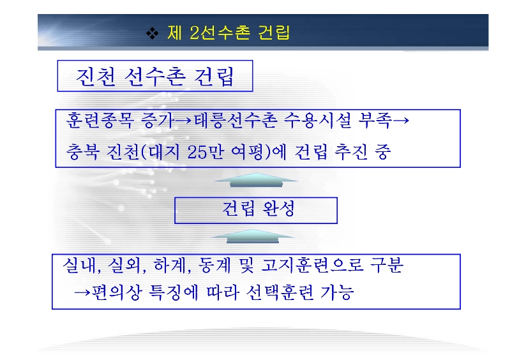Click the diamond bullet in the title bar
tap(153, 33)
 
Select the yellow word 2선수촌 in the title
tap(220, 33)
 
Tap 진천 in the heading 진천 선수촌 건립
tap(96, 77)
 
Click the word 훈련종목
tap(100, 120)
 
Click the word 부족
tap(375, 120)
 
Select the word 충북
tap(82, 152)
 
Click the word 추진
tap(350, 152)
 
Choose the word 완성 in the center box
tap(278, 209)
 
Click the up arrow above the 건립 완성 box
tap(256, 179)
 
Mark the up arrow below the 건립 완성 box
tap(253, 236)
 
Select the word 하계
tap(170, 265)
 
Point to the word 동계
tap(214, 265)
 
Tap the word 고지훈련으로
tap(312, 265)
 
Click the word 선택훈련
tap(280, 292)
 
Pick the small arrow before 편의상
tap(82, 292)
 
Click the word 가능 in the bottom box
tap(337, 292)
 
